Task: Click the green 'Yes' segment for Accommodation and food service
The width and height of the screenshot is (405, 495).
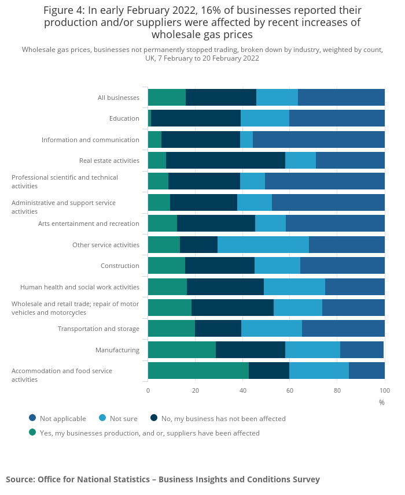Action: [198, 371]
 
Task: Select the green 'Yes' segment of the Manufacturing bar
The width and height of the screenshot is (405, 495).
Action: [182, 350]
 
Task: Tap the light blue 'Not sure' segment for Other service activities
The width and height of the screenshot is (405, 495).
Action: [263, 245]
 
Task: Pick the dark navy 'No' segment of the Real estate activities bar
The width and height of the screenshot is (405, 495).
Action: [225, 161]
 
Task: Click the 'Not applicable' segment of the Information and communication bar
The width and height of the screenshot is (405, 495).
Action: [318, 140]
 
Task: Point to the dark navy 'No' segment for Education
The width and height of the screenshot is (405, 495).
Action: [196, 118]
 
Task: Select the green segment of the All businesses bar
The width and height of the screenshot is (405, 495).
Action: [167, 98]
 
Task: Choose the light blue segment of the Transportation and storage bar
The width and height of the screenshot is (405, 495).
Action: [271, 329]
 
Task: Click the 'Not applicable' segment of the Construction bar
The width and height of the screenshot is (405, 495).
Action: [342, 266]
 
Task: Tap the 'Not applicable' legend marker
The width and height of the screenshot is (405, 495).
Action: [32, 418]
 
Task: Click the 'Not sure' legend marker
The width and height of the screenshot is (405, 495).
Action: [102, 418]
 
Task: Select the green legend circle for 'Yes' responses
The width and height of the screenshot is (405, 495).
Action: [32, 432]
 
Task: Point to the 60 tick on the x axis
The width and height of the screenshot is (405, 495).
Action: [290, 390]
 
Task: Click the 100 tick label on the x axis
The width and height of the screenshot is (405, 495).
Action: [384, 390]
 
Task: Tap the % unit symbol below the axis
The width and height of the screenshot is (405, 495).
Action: [381, 402]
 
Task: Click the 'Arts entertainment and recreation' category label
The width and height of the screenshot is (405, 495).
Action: [89, 224]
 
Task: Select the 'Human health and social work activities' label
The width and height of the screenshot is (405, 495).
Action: [80, 287]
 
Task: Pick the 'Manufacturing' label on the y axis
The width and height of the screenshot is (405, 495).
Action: [117, 350]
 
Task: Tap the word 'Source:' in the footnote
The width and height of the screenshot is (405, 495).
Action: [20, 479]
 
